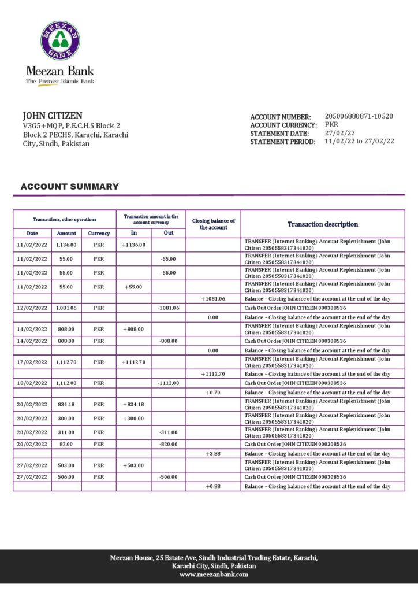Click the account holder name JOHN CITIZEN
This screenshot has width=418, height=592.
[52, 116]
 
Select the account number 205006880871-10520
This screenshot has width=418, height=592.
[359, 116]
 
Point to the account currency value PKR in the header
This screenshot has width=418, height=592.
[332, 124]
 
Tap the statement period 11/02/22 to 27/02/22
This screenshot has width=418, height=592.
[359, 141]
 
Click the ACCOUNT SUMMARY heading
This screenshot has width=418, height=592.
[69, 187]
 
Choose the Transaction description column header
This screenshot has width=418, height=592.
[323, 224]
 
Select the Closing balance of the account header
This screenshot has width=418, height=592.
[213, 224]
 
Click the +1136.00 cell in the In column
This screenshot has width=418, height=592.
[133, 245]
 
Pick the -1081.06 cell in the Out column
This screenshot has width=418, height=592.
[168, 308]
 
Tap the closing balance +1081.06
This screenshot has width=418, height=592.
[213, 299]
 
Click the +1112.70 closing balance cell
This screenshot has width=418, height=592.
[213, 374]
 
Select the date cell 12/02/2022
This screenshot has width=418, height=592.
[32, 308]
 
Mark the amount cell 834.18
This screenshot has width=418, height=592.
[66, 404]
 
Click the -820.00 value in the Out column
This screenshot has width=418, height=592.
[168, 444]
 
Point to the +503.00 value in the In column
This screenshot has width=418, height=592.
[133, 465]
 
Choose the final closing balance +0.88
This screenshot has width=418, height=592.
[213, 486]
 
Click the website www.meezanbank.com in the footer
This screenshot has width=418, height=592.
[214, 575]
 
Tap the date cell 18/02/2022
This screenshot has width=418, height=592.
[32, 383]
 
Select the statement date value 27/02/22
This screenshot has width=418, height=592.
[340, 133]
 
